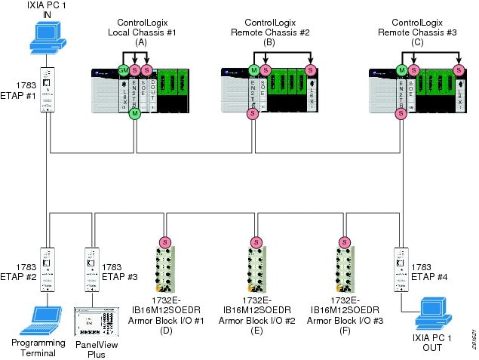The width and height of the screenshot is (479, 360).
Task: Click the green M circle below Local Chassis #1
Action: (135, 113)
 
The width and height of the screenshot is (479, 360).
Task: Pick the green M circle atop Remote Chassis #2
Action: (252, 70)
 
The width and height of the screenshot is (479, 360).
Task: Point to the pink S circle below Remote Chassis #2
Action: (252, 113)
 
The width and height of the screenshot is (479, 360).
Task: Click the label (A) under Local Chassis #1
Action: (140, 43)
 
